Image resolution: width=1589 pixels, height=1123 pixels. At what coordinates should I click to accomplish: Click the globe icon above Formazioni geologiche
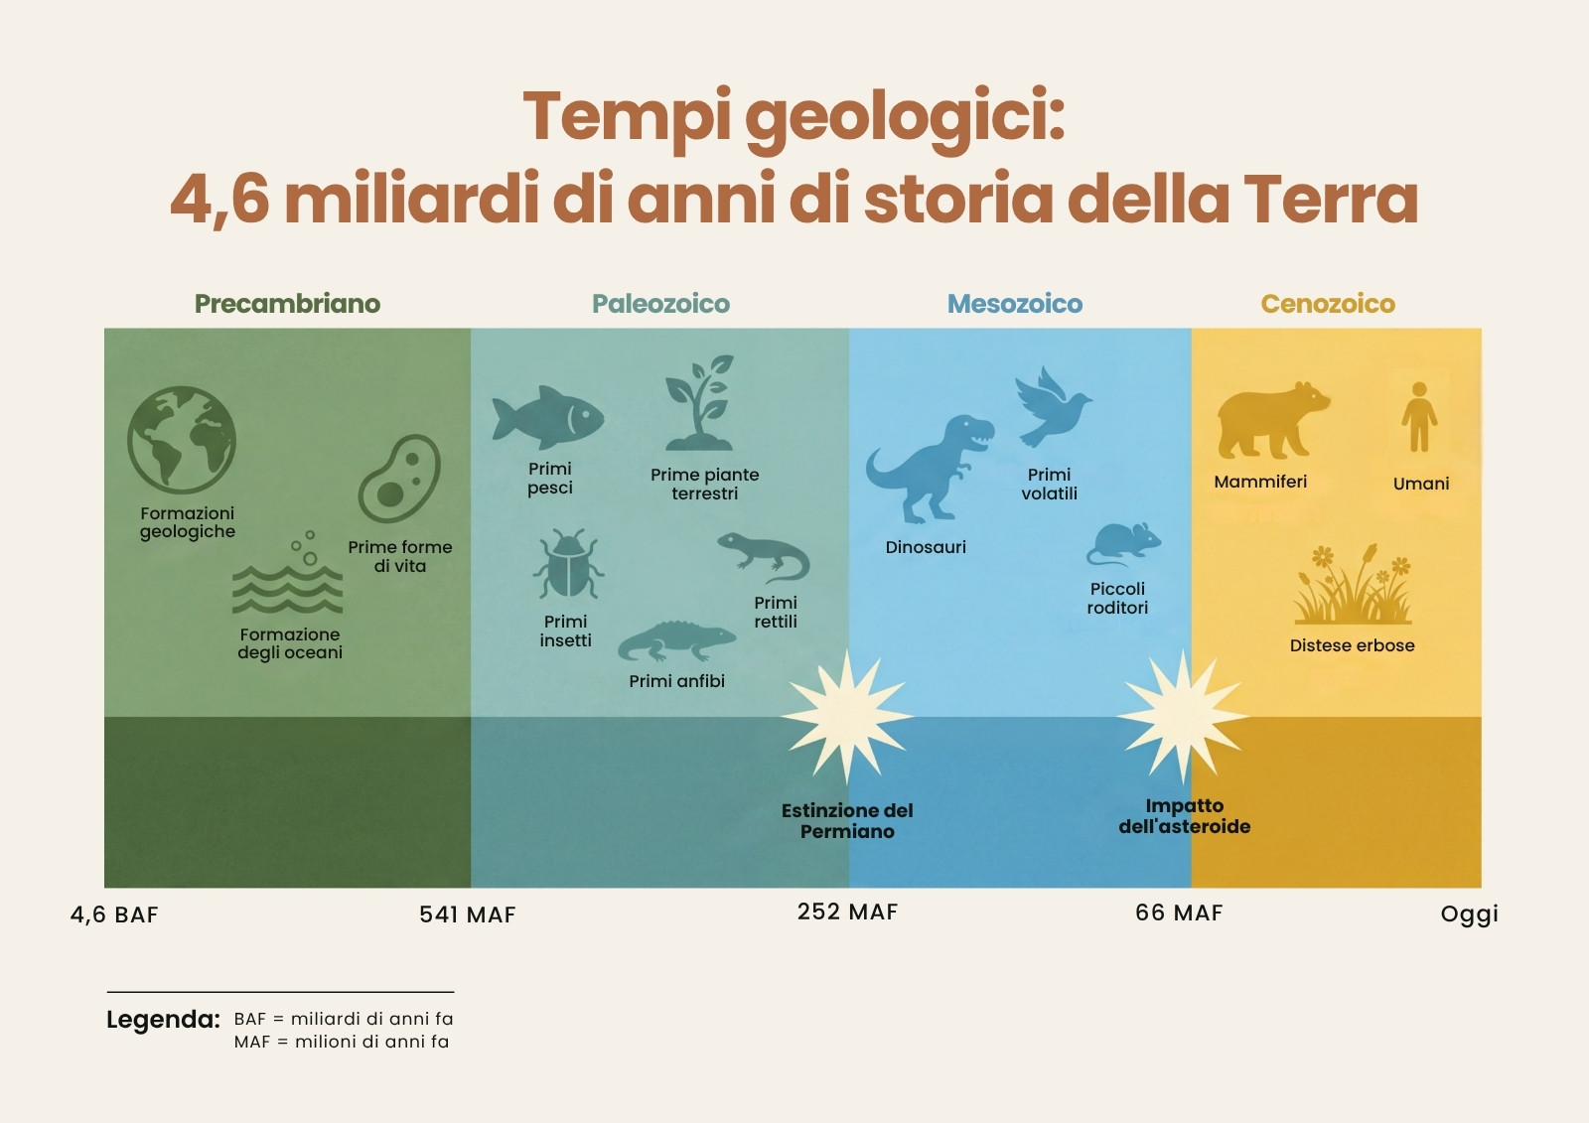(182, 440)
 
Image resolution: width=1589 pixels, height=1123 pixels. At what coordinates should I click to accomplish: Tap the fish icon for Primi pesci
(548, 417)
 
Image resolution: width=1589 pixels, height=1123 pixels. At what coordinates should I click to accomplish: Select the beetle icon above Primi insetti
(568, 563)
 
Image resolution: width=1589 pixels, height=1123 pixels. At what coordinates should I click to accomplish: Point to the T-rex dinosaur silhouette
(930, 469)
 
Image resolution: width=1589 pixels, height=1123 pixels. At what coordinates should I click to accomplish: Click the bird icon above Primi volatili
(1053, 406)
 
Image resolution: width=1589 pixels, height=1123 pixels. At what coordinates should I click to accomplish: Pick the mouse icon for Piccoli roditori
(1123, 544)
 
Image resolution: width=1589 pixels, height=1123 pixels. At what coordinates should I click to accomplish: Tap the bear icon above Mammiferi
(1273, 421)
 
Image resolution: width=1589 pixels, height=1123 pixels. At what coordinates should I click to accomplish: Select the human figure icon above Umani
(1419, 417)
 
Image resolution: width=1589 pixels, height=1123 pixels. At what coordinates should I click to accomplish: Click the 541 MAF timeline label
(468, 914)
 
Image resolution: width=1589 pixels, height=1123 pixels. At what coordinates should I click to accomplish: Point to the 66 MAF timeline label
(1179, 912)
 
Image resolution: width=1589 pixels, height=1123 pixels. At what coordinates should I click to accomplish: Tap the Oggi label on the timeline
(1469, 914)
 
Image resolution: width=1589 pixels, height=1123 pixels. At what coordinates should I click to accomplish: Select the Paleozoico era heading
(661, 304)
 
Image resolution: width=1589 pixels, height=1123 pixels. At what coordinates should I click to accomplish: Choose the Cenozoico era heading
(1328, 304)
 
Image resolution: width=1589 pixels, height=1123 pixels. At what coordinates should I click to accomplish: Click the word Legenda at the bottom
(163, 1020)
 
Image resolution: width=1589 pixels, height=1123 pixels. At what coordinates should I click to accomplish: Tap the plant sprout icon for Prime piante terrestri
(699, 402)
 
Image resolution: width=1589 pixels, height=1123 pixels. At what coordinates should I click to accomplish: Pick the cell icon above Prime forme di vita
(399, 479)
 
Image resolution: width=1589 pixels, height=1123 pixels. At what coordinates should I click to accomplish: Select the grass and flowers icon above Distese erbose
(1353, 584)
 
